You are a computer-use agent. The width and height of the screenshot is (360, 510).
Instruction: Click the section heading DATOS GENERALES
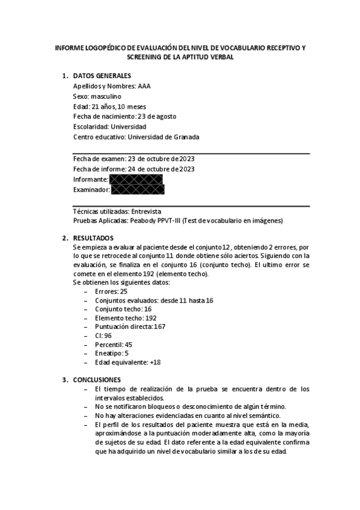click(101, 76)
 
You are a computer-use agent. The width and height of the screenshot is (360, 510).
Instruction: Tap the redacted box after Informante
click(136, 180)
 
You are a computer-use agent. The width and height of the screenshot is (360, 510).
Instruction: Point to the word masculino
click(106, 96)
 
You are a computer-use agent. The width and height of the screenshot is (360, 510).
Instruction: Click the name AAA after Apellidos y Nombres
click(144, 86)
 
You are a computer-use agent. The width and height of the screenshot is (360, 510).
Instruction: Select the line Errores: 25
click(111, 290)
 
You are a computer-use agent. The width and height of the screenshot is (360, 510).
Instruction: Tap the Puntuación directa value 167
click(159, 327)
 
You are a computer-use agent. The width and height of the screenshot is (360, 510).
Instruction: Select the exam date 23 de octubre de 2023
click(160, 159)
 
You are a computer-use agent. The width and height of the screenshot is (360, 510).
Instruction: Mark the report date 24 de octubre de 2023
click(162, 169)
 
